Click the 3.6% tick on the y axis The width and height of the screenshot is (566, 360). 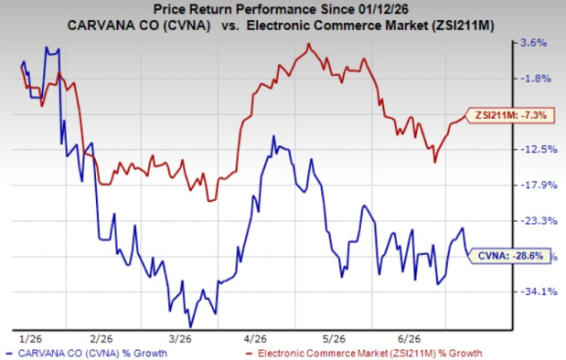pyautogui.click(x=533, y=43)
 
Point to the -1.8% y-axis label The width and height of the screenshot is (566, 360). pyautogui.click(x=536, y=79)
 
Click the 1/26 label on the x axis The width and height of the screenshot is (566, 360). pyautogui.click(x=31, y=339)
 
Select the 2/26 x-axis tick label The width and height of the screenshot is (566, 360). pyautogui.click(x=101, y=339)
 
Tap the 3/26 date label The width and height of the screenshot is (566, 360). pyautogui.click(x=180, y=339)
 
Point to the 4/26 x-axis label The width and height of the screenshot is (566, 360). pyautogui.click(x=255, y=339)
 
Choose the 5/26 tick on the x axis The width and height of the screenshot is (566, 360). pyautogui.click(x=334, y=339)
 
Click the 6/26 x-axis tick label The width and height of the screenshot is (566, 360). pyautogui.click(x=410, y=339)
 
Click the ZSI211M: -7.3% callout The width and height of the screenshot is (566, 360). pyautogui.click(x=510, y=115)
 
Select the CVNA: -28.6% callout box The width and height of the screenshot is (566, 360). pyautogui.click(x=509, y=256)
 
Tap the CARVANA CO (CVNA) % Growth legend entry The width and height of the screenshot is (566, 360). pyautogui.click(x=87, y=353)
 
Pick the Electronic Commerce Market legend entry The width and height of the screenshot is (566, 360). pyautogui.click(x=364, y=353)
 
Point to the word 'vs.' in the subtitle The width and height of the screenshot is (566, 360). pyautogui.click(x=230, y=26)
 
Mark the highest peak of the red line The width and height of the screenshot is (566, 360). pyautogui.click(x=309, y=44)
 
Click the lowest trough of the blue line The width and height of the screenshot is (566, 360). pyautogui.click(x=191, y=327)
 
